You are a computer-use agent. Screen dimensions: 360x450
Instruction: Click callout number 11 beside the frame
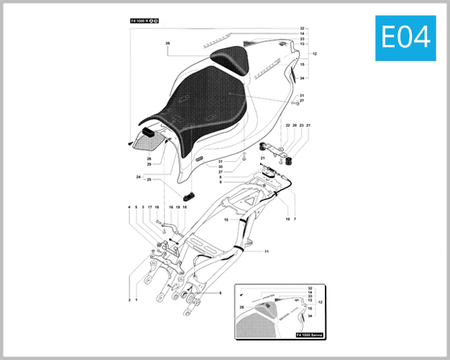[265, 252]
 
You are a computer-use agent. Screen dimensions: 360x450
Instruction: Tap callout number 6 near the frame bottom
[220, 293]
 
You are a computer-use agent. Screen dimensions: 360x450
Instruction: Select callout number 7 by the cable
[295, 220]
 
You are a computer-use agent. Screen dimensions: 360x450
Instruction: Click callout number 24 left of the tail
[138, 177]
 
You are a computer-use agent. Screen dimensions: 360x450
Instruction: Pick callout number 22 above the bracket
[287, 125]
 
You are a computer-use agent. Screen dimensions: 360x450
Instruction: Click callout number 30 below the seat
[220, 166]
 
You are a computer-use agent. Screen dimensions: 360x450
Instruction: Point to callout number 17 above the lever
[150, 206]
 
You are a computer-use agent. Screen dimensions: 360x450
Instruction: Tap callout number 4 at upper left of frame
[128, 206]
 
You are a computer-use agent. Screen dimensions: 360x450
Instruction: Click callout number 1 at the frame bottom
[136, 299]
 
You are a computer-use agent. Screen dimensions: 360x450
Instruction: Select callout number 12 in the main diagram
[315, 54]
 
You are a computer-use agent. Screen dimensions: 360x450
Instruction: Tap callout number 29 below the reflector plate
[148, 164]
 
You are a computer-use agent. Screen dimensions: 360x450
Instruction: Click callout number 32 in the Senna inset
[309, 288]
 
